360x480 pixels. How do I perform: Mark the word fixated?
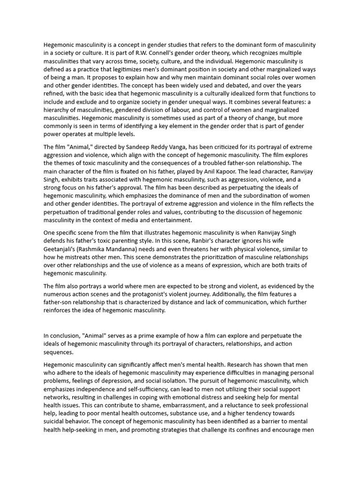(142, 171)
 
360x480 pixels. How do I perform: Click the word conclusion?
(66, 335)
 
